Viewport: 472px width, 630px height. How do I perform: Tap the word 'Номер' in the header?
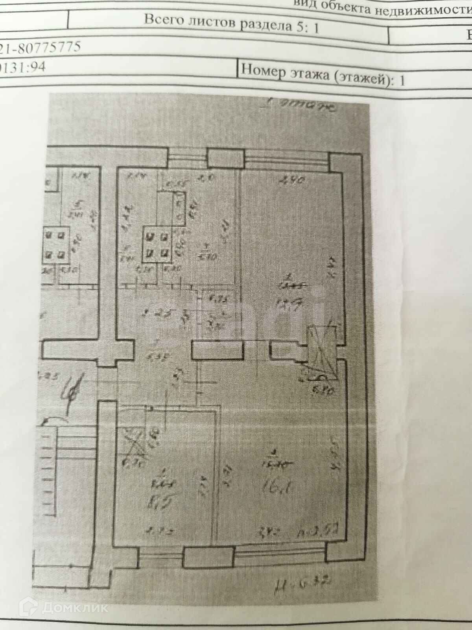click(262, 70)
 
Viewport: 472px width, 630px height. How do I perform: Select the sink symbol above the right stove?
click(179, 209)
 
